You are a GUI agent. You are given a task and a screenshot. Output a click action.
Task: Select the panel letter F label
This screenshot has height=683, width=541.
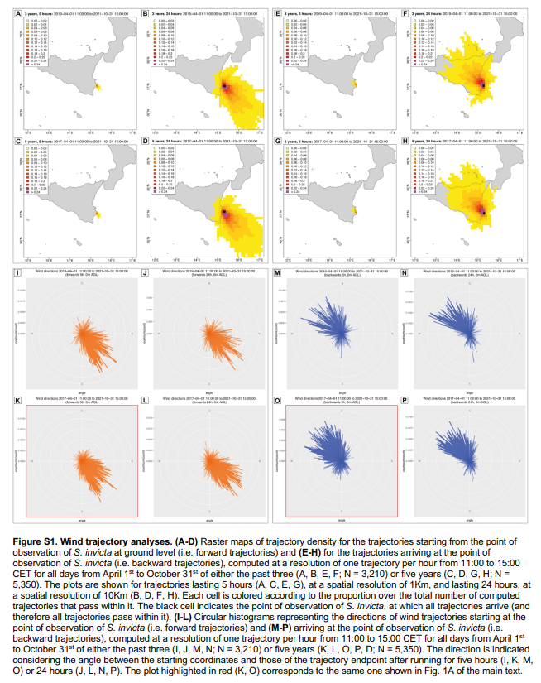404,14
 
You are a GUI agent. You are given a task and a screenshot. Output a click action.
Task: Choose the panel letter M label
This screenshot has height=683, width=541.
277,272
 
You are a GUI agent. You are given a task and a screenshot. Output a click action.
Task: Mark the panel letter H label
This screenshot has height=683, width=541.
404,142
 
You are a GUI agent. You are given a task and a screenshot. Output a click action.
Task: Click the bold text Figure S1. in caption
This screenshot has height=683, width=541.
36,540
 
